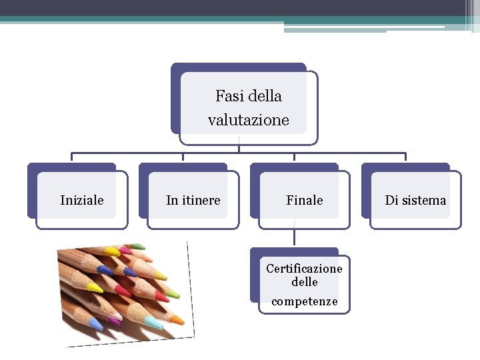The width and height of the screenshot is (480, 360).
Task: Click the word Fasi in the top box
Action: click(x=227, y=96)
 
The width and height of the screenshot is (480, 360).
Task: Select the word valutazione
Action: click(x=248, y=121)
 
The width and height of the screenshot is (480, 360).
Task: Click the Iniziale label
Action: click(x=81, y=200)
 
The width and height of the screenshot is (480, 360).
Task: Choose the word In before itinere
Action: click(x=172, y=200)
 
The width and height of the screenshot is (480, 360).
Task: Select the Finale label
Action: click(x=304, y=200)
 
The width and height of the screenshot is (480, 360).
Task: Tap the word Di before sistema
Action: click(x=391, y=200)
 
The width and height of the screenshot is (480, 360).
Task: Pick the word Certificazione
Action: click(x=304, y=269)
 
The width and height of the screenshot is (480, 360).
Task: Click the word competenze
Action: click(x=304, y=302)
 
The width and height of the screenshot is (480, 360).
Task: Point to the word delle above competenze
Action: click(x=304, y=282)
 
